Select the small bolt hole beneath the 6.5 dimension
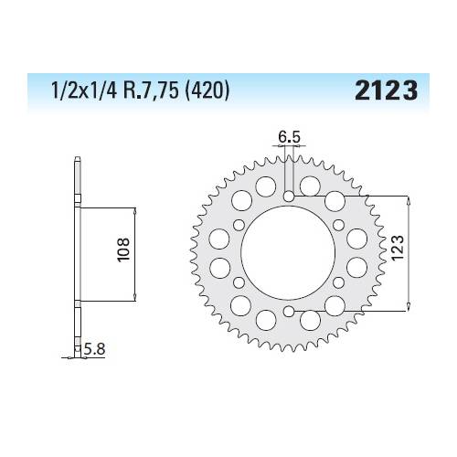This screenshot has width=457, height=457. tap(288, 196)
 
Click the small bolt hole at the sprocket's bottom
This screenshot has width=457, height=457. tap(288, 314)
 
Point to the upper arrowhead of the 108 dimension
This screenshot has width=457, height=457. tap(135, 209)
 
